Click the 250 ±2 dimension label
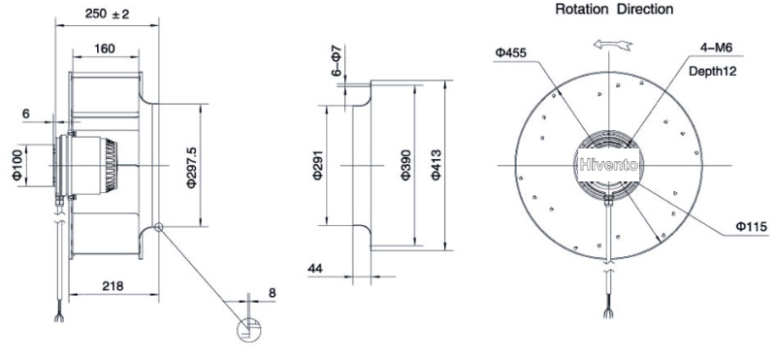pyautogui.click(x=107, y=14)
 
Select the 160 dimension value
pyautogui.click(x=105, y=49)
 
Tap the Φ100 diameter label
pyautogui.click(x=17, y=165)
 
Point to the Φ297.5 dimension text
pyautogui.click(x=191, y=167)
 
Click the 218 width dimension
pyautogui.click(x=113, y=285)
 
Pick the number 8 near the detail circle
pyautogui.click(x=272, y=293)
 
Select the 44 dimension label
pyautogui.click(x=315, y=269)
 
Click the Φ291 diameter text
pyautogui.click(x=318, y=165)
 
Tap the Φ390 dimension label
pyautogui.click(x=405, y=165)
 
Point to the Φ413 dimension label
pyautogui.click(x=435, y=165)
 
